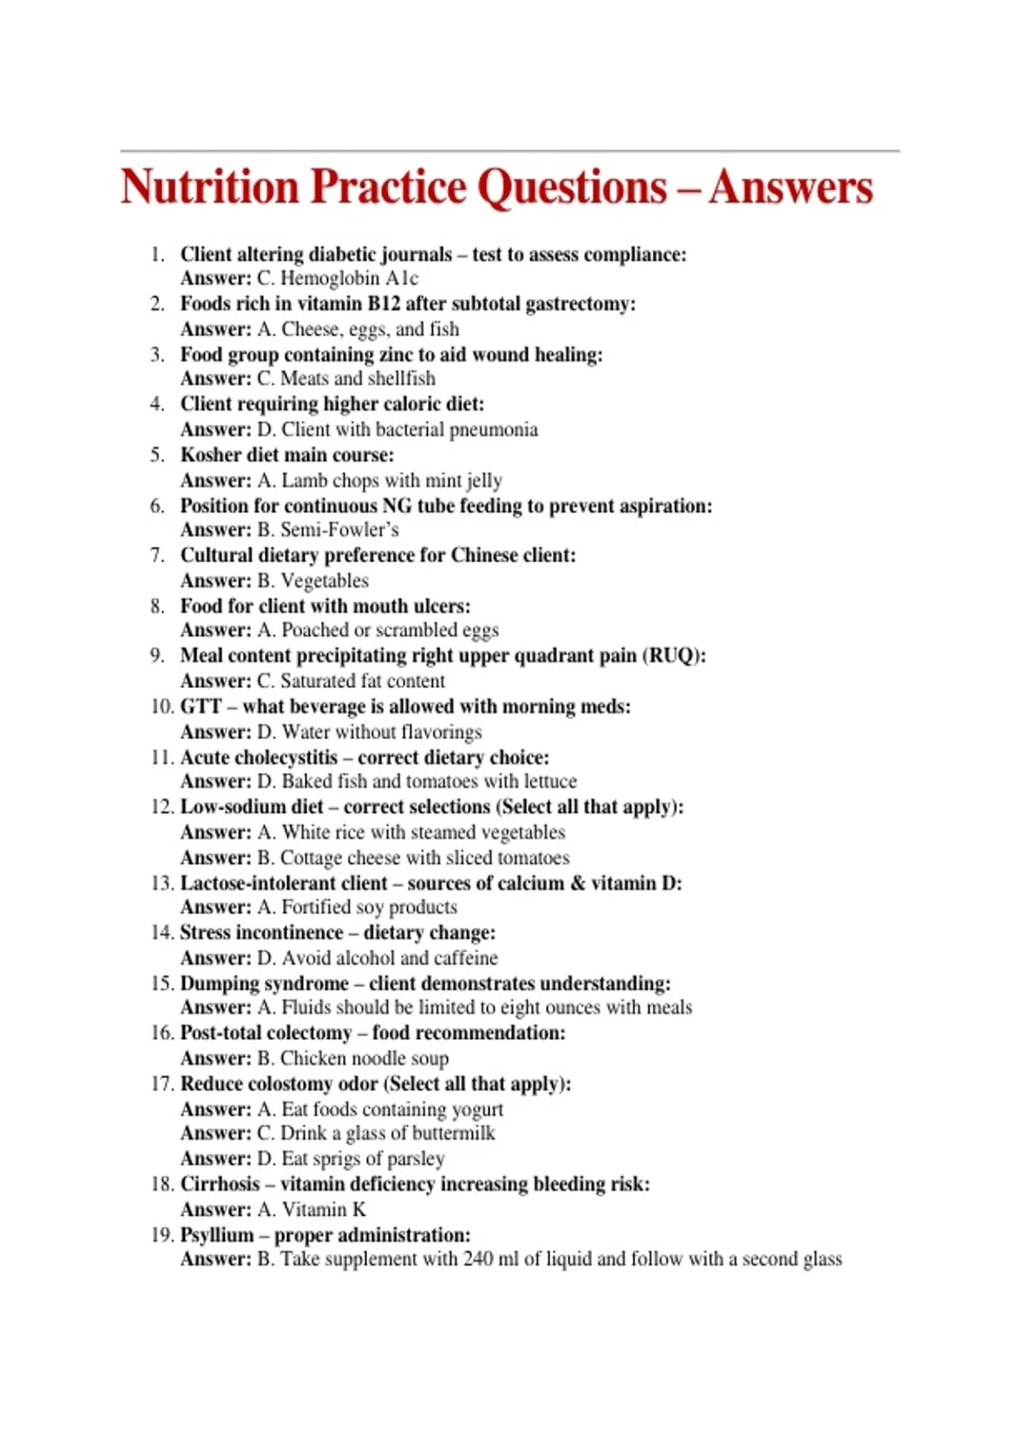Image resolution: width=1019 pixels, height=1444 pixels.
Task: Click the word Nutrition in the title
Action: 210,187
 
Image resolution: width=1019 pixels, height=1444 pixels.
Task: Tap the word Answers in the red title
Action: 791,187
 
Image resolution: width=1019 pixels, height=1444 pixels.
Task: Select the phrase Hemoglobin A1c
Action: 349,279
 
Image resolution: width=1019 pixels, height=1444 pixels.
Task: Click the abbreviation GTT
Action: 200,707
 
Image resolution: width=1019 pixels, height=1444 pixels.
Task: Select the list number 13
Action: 161,883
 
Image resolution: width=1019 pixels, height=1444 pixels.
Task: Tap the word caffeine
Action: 465,958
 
